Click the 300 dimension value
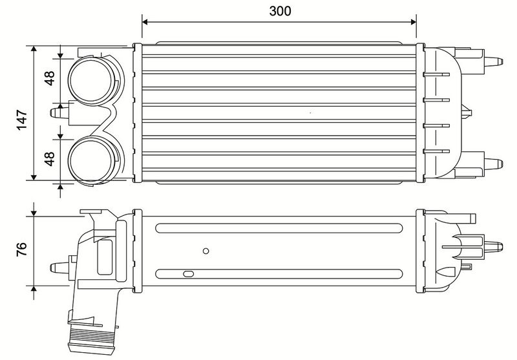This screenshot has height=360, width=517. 280,11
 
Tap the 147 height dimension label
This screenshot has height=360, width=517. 22,120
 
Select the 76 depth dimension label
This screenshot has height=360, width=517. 21,249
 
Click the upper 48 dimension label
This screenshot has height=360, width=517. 50,78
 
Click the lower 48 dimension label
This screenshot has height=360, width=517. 50,158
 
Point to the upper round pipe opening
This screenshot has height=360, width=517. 91,80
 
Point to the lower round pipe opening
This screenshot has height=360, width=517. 91,160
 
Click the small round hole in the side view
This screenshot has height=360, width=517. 206,251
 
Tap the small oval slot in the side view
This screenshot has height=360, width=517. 188,274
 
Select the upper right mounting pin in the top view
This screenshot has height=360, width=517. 493,61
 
